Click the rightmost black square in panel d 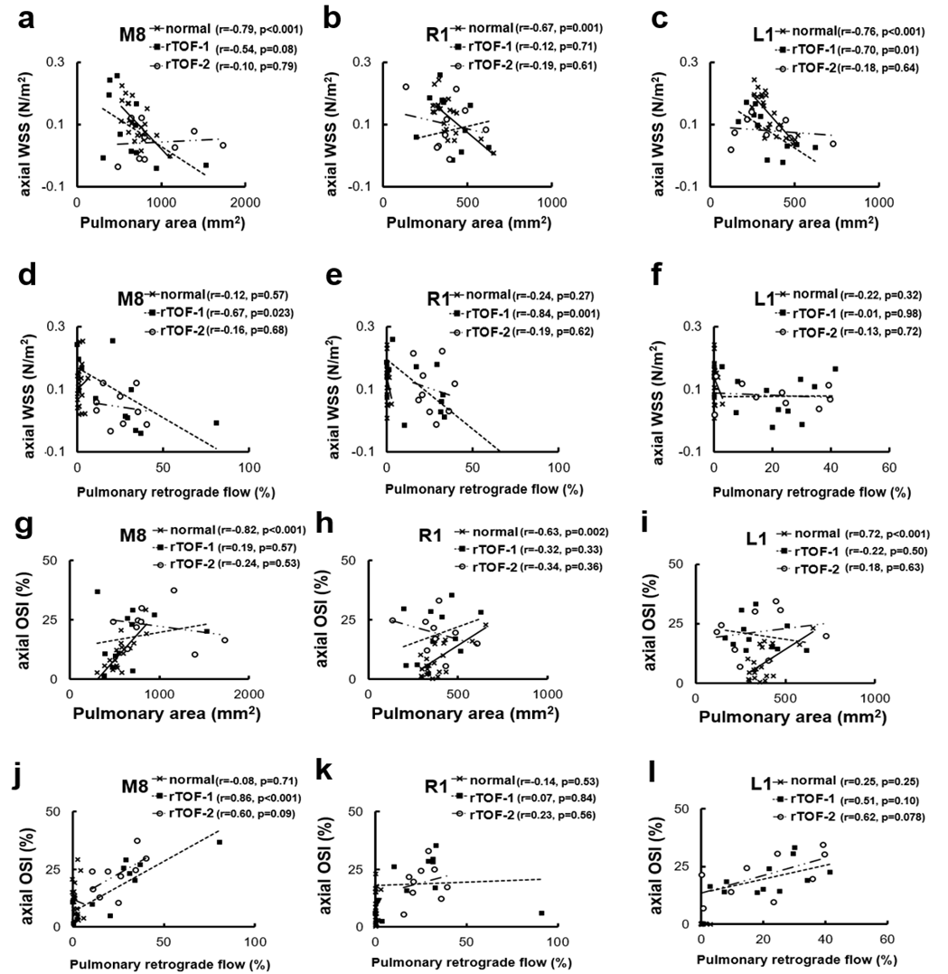click(x=216, y=422)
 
